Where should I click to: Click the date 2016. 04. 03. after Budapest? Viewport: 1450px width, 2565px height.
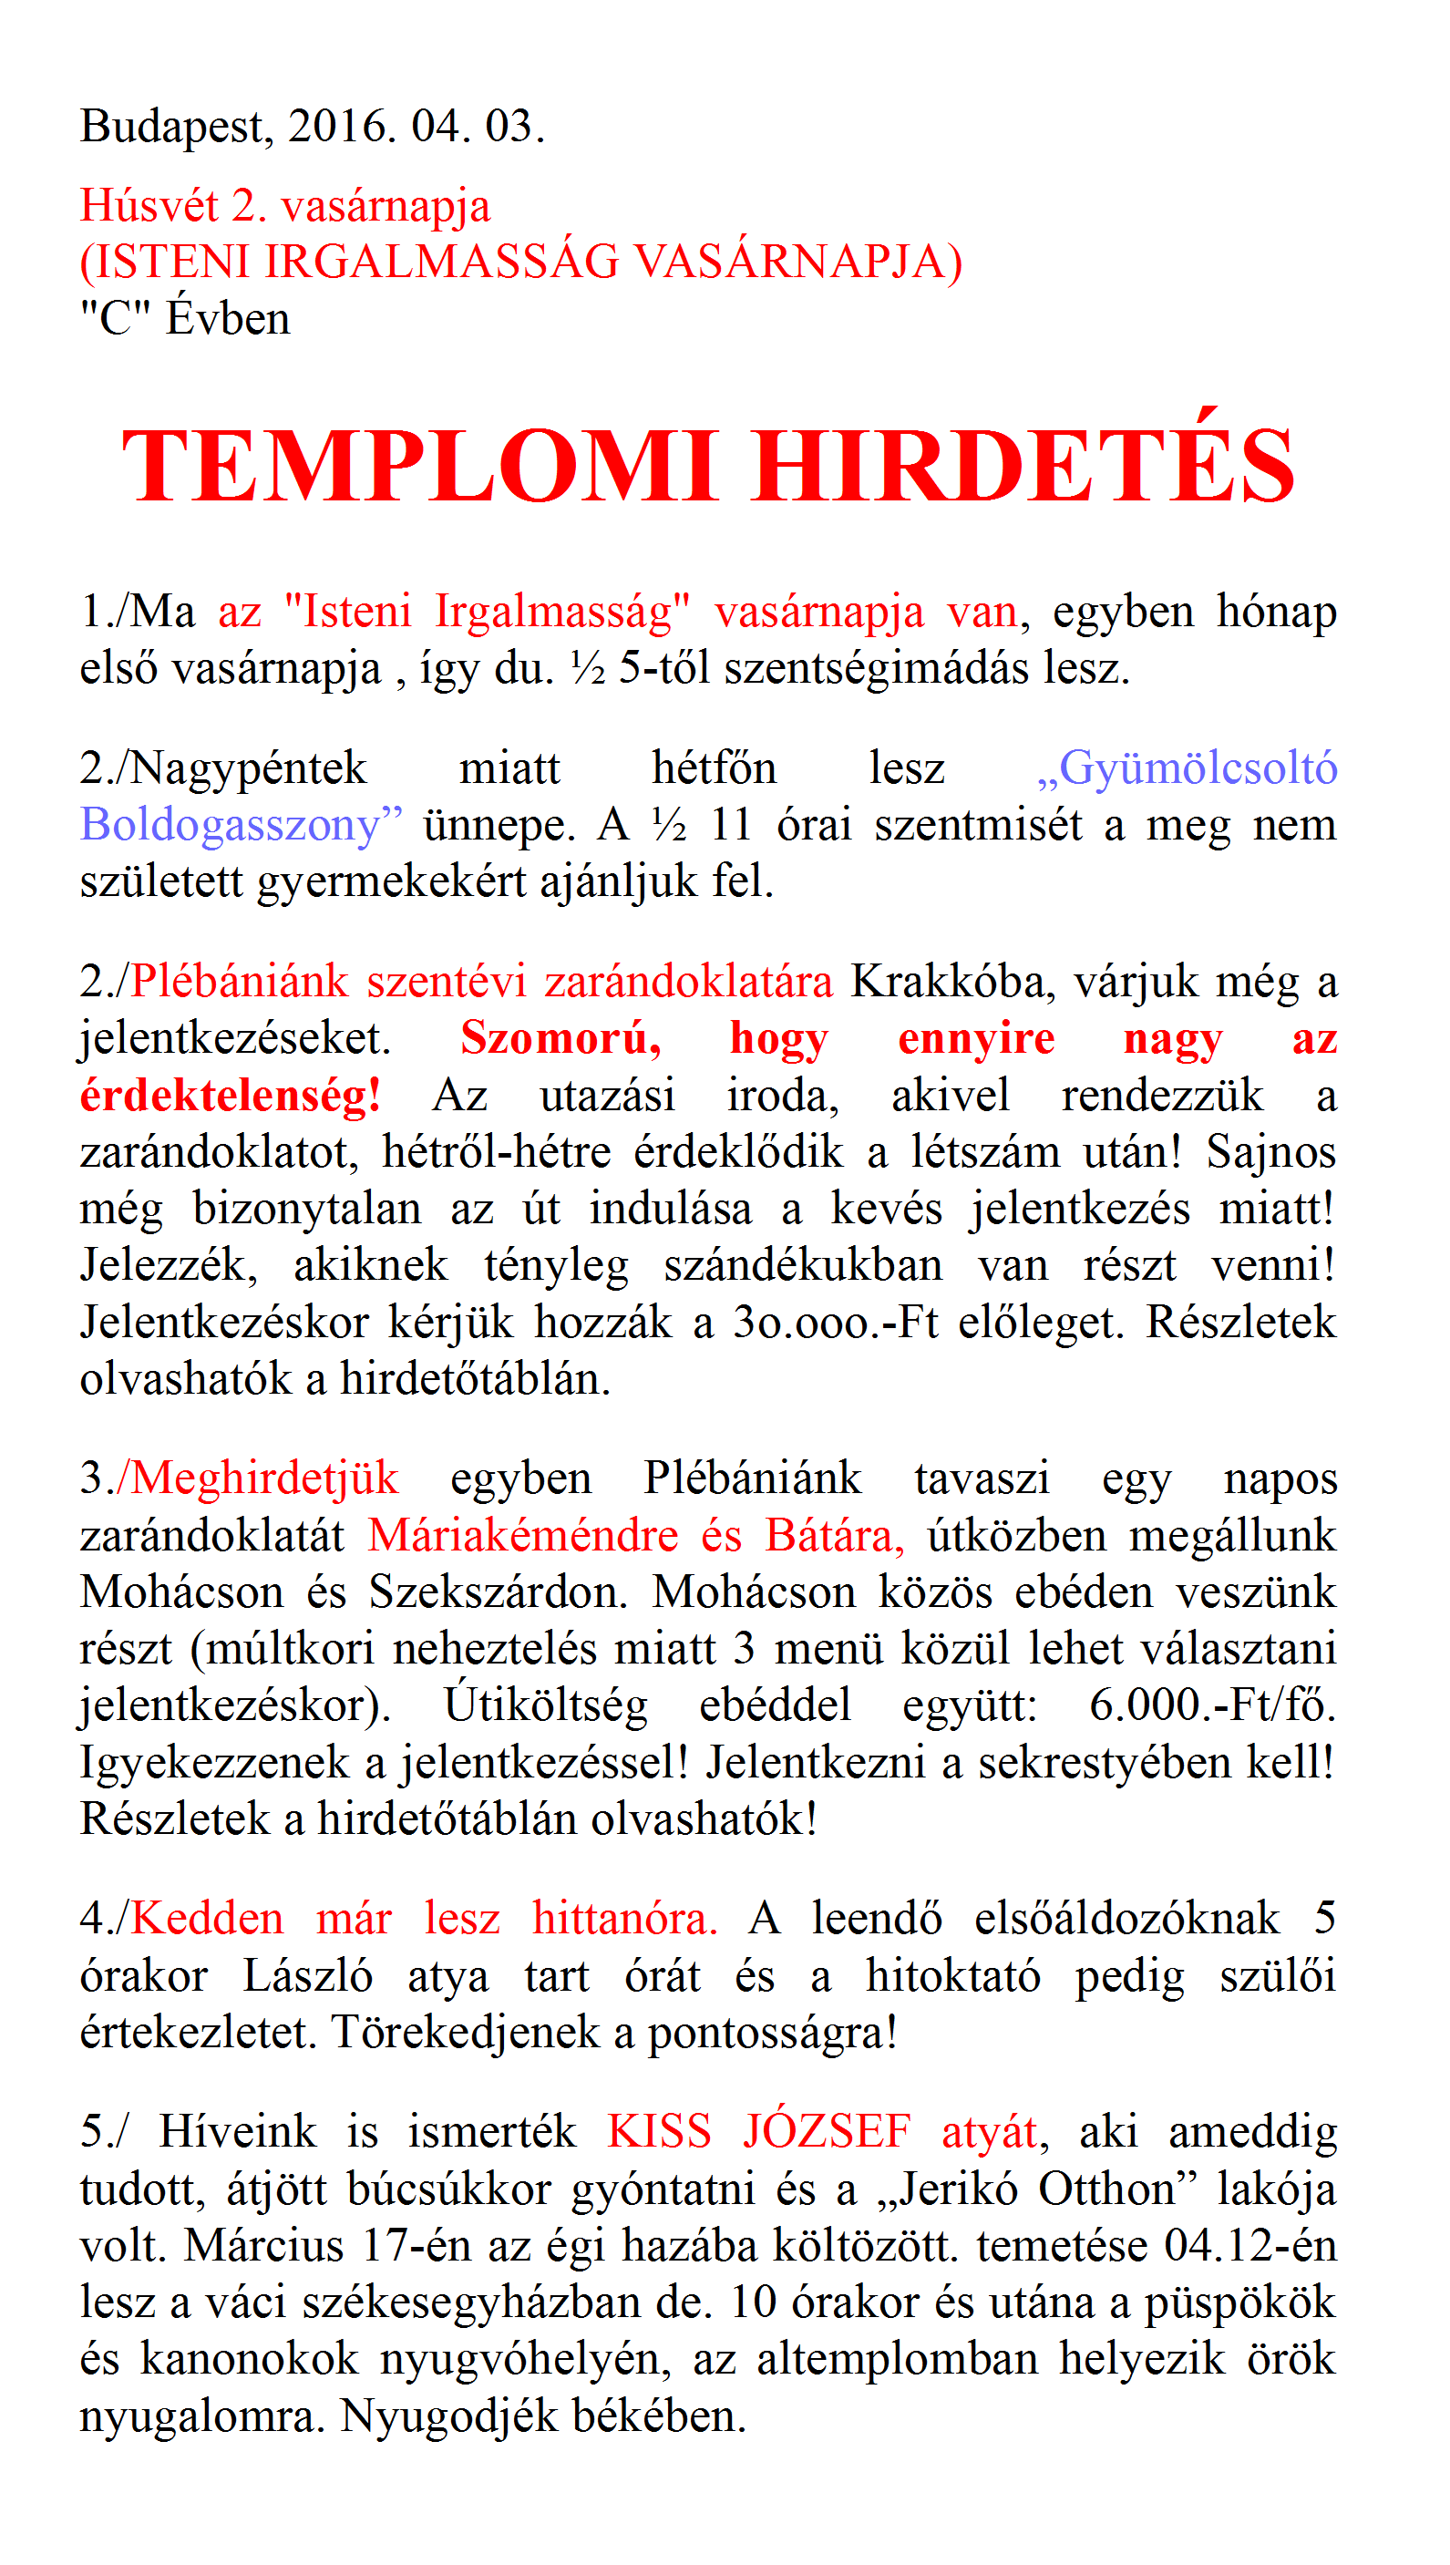coord(416,128)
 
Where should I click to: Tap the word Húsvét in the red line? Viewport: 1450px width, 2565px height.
coord(149,206)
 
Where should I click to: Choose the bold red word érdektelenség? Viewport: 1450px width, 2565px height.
coord(230,1096)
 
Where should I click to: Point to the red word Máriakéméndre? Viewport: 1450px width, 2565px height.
coord(523,1535)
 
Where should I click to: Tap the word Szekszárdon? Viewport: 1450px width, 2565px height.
coord(498,1592)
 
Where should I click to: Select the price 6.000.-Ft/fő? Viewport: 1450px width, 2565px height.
coord(1212,1705)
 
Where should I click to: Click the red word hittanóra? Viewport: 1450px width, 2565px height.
coord(624,1919)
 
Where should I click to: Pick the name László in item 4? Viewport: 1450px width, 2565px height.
coord(308,1975)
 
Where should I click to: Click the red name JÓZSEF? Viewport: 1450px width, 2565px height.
coord(827,2132)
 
